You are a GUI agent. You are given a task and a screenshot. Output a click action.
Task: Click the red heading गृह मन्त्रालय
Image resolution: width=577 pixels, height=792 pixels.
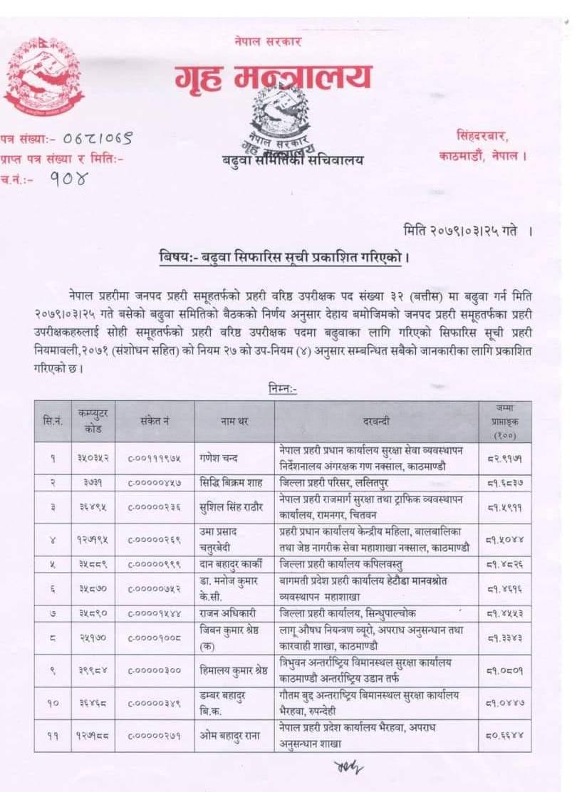274,77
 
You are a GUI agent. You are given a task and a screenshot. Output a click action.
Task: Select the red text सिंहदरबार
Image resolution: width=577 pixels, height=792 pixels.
483,135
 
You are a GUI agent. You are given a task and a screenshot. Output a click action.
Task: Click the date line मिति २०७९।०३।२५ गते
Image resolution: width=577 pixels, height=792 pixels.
462,231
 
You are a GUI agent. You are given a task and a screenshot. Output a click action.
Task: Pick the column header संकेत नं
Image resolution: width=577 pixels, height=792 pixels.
154,422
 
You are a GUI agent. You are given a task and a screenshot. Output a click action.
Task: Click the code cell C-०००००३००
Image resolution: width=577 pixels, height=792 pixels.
154,670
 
